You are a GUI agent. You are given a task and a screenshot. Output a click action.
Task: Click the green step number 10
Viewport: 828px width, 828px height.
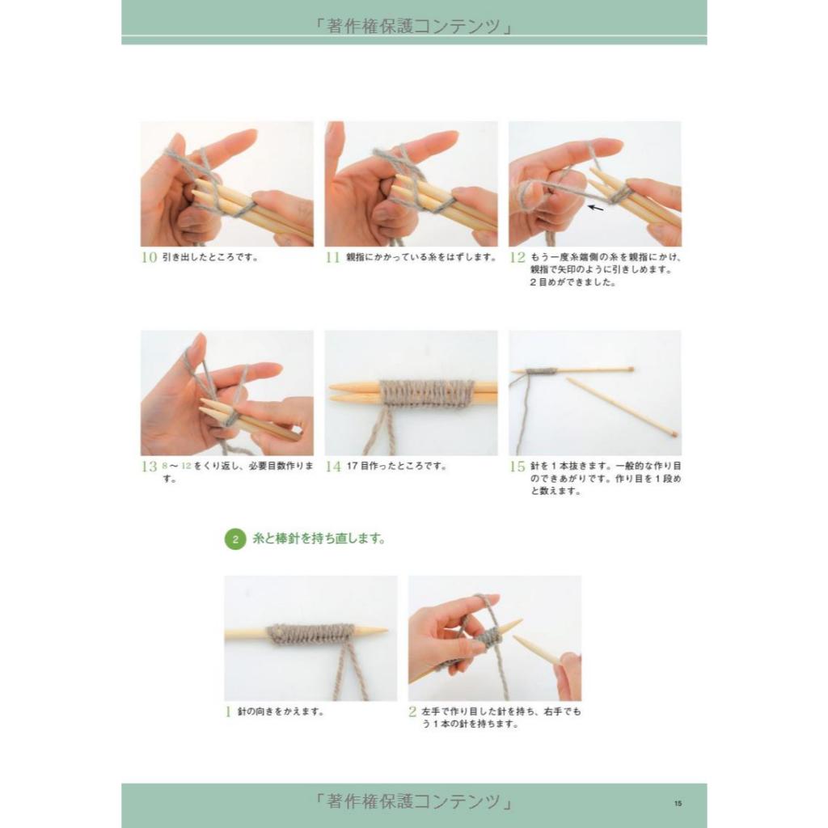coord(150,257)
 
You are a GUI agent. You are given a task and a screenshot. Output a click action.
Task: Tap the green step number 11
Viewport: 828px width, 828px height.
coord(332,257)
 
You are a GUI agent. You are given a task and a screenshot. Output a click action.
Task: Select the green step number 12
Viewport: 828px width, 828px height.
coord(517,257)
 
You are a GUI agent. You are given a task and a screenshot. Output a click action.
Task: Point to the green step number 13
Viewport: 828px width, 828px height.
coord(150,467)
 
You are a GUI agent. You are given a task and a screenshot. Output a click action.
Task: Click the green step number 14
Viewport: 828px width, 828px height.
coord(333,467)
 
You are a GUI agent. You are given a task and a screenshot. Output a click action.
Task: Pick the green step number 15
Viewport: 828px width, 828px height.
coord(517,467)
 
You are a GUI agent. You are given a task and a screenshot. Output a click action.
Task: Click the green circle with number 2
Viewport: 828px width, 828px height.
coord(235,539)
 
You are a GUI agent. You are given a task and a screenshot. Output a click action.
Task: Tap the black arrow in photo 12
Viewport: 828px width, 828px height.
coord(596,208)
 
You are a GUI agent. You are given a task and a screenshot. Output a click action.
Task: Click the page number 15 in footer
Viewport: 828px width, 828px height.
coord(678,803)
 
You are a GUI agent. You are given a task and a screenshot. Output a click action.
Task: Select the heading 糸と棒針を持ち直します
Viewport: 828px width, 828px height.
coord(319,539)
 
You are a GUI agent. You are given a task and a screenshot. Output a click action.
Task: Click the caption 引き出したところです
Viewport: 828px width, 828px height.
coord(210,257)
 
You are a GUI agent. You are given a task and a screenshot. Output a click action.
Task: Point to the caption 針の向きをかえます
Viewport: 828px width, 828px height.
coord(281,712)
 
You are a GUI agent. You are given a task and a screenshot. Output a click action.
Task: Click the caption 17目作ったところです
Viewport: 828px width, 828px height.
coord(396,466)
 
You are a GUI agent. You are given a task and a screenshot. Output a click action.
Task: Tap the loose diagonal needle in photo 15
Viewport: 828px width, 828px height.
coord(622,406)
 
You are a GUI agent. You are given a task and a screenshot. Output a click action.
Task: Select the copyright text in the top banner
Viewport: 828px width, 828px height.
coord(414,26)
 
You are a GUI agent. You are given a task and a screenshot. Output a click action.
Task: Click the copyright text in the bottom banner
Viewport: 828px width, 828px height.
coord(414,801)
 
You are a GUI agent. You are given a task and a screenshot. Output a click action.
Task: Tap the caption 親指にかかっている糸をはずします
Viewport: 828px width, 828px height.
coord(420,257)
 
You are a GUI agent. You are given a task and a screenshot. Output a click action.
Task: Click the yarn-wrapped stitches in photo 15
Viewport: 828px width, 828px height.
coord(541,370)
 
